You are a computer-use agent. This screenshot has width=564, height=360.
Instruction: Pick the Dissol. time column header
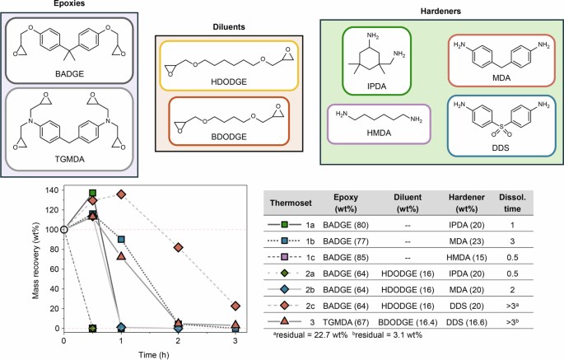click(x=536, y=203)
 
